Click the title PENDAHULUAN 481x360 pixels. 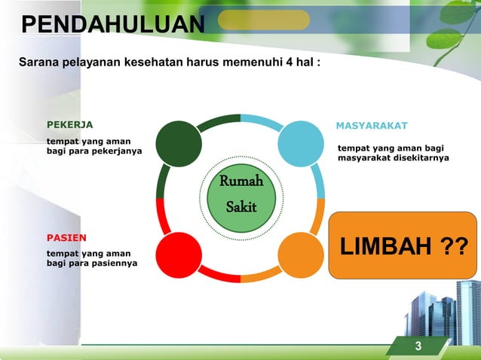(x=112, y=25)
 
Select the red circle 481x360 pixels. (x=179, y=255)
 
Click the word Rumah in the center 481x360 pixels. (x=240, y=182)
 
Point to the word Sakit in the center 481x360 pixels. (x=241, y=206)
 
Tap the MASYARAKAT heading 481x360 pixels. (x=372, y=125)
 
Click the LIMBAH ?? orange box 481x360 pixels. (x=403, y=246)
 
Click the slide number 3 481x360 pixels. (x=418, y=346)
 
